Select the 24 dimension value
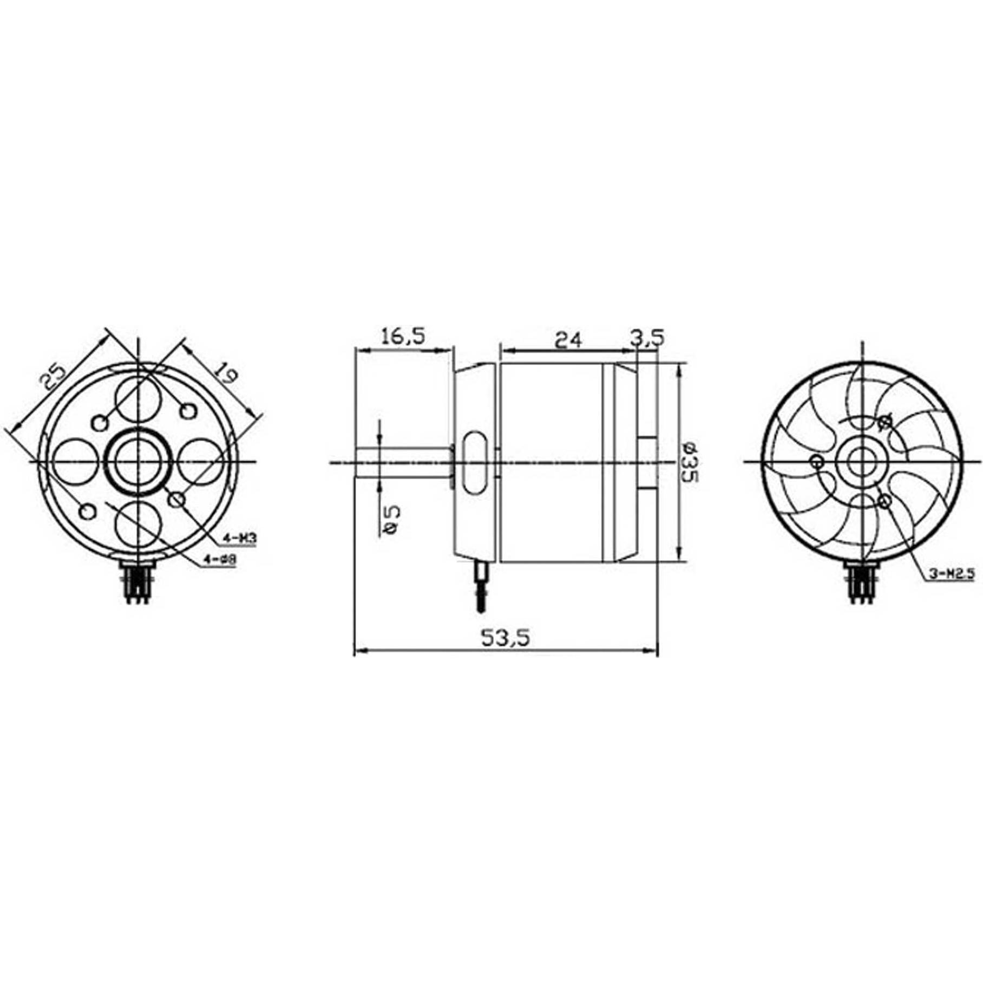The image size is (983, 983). [x=568, y=340]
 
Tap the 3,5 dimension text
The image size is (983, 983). [x=647, y=338]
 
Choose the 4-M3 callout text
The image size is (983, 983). [x=238, y=539]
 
